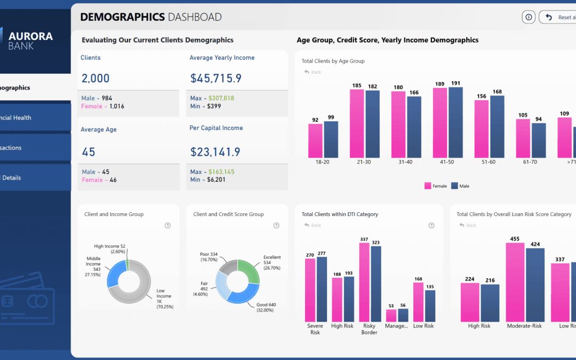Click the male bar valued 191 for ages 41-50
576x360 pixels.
coord(455,122)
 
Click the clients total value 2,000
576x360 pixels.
coord(95,78)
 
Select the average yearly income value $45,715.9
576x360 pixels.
coord(216,78)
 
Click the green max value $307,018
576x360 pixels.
coord(221,98)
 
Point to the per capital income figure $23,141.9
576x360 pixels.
coord(215,152)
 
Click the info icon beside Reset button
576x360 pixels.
coord(529,17)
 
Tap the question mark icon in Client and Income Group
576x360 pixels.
coord(167,226)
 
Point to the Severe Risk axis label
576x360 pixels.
coord(315,329)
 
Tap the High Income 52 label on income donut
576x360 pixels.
coord(109,249)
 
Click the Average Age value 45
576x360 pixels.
coord(89,152)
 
